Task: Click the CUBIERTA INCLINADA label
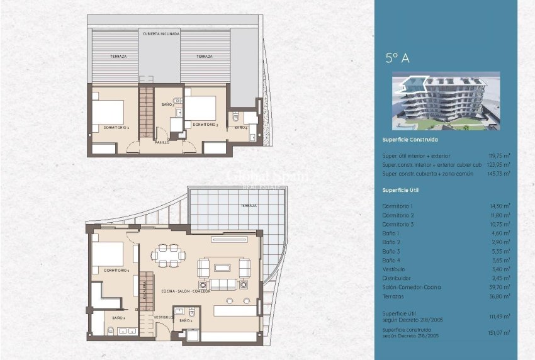[161, 33]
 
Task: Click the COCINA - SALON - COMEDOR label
[186, 291]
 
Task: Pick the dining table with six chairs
[168, 254]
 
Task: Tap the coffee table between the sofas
[222, 269]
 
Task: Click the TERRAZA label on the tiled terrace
[248, 205]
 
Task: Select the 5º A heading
[398, 59]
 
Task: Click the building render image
[445, 101]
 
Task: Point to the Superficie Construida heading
[410, 140]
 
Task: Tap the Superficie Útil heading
[400, 189]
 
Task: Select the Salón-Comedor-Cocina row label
[412, 287]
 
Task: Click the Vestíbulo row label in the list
[395, 269]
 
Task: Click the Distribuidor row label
[397, 278]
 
